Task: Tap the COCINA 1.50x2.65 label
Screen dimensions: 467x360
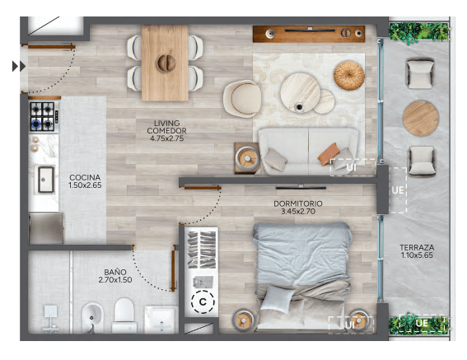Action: [85, 181]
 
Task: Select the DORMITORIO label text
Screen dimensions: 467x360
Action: [298, 203]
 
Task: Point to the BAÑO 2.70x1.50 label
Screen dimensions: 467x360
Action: [115, 276]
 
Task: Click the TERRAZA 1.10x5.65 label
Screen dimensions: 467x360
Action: [417, 251]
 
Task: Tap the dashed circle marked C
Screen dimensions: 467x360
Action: [203, 302]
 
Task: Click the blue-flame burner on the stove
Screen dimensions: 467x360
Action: [36, 123]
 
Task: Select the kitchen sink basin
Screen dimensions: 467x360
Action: [46, 180]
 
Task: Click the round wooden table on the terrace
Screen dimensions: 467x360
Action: [421, 119]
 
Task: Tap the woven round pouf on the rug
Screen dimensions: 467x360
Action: [349, 76]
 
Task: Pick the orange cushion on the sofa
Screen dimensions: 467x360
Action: [329, 154]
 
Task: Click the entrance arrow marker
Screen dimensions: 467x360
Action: [19, 66]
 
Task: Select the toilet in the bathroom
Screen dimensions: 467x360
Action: [124, 316]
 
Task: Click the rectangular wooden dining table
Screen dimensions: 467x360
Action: [165, 63]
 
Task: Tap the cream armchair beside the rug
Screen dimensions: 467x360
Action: [242, 98]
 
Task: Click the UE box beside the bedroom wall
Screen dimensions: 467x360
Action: [398, 190]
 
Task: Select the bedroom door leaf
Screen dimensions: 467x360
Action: [203, 188]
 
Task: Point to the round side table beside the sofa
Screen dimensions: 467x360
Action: [247, 158]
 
